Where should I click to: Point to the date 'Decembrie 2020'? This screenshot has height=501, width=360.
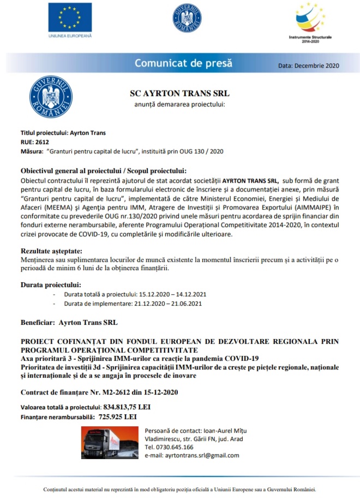click(316, 65)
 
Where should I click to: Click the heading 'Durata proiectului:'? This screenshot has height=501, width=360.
click(51, 285)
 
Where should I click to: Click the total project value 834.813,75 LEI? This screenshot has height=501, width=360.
click(127, 407)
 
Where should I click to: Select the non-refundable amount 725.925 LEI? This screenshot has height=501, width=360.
click(118, 416)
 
